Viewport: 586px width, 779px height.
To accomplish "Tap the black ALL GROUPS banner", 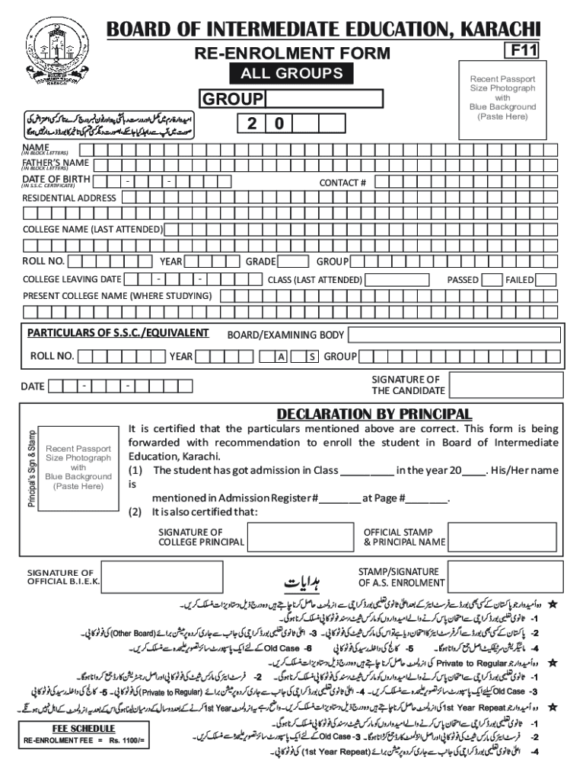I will tap(291, 74).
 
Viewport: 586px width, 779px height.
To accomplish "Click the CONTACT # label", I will tap(342, 183).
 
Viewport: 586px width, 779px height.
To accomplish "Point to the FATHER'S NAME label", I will tap(55, 164).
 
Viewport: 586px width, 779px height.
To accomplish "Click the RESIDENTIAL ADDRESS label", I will tap(69, 198).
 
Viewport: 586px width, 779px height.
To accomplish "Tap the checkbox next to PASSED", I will tap(489, 280).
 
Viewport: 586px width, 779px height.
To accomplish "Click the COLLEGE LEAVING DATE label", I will tap(72, 280).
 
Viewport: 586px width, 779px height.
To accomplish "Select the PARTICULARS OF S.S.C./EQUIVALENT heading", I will tap(118, 333).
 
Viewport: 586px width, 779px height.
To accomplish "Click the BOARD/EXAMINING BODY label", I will tap(285, 335).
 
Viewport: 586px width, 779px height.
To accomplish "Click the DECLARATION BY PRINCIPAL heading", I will tap(374, 415).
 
